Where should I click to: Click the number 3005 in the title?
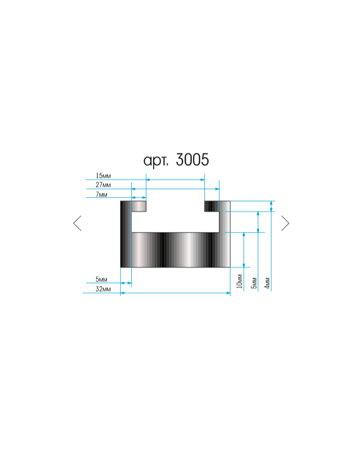192,160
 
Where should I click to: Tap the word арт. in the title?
156,161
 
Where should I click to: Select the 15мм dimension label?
103,176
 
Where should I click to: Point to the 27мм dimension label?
103,185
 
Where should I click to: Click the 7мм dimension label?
101,194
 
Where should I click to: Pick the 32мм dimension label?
103,289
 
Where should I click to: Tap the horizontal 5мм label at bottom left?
101,279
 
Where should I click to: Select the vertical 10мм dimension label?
239,281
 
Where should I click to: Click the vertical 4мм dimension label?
267,282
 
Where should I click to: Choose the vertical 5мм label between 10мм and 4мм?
254,282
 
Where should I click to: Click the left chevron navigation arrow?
77,223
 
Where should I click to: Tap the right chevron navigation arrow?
285,223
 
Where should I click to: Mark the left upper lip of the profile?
137,206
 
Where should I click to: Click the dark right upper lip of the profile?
211,206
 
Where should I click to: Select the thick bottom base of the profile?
175,250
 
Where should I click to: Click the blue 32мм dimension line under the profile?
175,293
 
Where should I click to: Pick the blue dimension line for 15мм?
175,180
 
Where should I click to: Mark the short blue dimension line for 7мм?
139,198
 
